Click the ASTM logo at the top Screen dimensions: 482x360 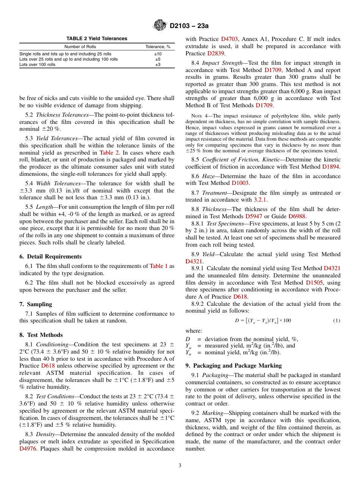(x=160, y=25)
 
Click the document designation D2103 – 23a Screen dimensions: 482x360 (x=189, y=26)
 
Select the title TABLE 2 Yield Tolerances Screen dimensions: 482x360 (x=97, y=39)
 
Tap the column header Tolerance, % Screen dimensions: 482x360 (x=158, y=47)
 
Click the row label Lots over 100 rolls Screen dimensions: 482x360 (x=37, y=64)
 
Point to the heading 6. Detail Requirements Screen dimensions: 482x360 (x=50, y=257)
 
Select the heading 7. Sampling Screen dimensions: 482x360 (x=36, y=304)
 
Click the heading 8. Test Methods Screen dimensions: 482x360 (x=41, y=335)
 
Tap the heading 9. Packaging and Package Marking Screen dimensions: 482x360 (x=233, y=366)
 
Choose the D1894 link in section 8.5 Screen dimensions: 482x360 (x=331, y=167)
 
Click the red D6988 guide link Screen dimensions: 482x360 (x=297, y=216)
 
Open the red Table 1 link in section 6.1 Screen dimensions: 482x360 (x=158, y=266)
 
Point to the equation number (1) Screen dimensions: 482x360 (x=337, y=321)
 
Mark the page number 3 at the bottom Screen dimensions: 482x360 (x=180, y=466)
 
